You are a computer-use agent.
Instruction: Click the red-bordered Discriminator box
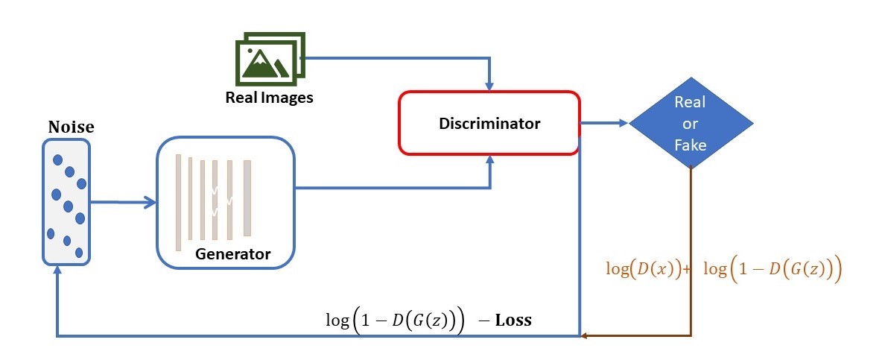489,123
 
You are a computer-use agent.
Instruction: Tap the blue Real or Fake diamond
691,123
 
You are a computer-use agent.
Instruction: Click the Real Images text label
270,98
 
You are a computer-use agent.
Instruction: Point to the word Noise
71,127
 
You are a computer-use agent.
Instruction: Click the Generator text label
232,254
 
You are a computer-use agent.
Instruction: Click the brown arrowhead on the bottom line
586,336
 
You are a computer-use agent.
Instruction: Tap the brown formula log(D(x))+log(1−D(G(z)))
723,269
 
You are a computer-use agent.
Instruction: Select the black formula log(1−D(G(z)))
395,320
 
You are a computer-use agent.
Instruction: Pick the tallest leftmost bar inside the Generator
179,202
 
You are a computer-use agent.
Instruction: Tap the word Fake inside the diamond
690,145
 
